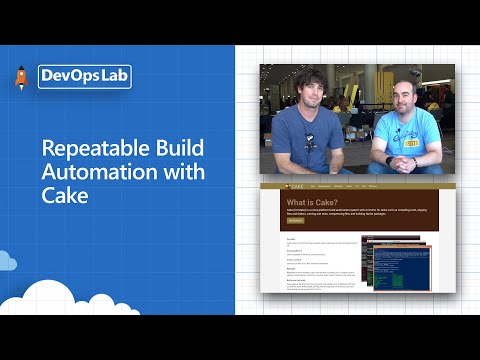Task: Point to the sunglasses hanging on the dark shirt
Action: point(311,142)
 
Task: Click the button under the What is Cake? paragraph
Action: point(295,221)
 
